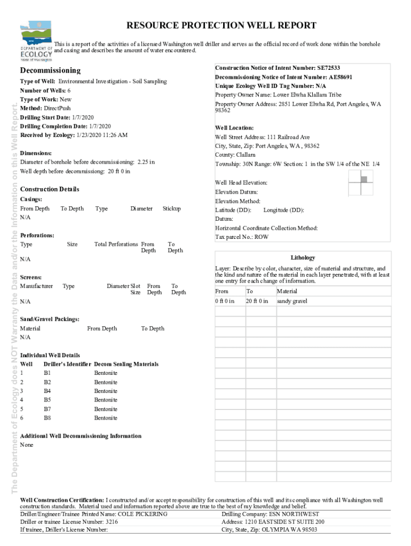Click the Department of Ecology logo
pyautogui.click(x=36, y=41)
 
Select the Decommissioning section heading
pyautogui.click(x=50, y=70)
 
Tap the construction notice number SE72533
pyautogui.click(x=328, y=68)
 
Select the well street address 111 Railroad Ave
pyautogui.click(x=284, y=137)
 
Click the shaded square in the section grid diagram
pyautogui.click(x=363, y=179)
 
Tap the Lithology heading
pyautogui.click(x=303, y=258)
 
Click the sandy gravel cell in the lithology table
pyautogui.click(x=292, y=301)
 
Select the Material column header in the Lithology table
pyautogui.click(x=287, y=292)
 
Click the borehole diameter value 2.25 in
pyautogui.click(x=146, y=162)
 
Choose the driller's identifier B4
pyautogui.click(x=48, y=391)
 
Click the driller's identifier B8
pyautogui.click(x=48, y=418)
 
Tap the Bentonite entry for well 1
pyautogui.click(x=106, y=373)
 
